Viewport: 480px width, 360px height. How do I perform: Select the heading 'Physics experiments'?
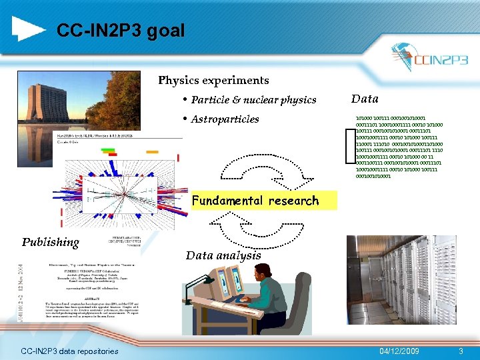pos(213,81)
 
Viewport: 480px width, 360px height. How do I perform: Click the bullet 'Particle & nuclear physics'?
pos(253,100)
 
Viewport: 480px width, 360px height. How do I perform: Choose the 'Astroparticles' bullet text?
pos(225,119)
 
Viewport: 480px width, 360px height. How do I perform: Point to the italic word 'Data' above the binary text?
pos(364,99)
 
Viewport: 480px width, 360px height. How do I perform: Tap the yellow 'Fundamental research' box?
pos(255,201)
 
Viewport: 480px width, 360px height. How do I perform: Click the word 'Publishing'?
pos(51,242)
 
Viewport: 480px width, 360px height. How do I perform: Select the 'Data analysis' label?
pos(223,255)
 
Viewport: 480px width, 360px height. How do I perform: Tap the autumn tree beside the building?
pos(127,100)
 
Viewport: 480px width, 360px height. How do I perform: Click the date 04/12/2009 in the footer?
pos(399,351)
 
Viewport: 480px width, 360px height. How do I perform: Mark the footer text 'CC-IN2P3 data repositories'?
pos(69,351)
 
